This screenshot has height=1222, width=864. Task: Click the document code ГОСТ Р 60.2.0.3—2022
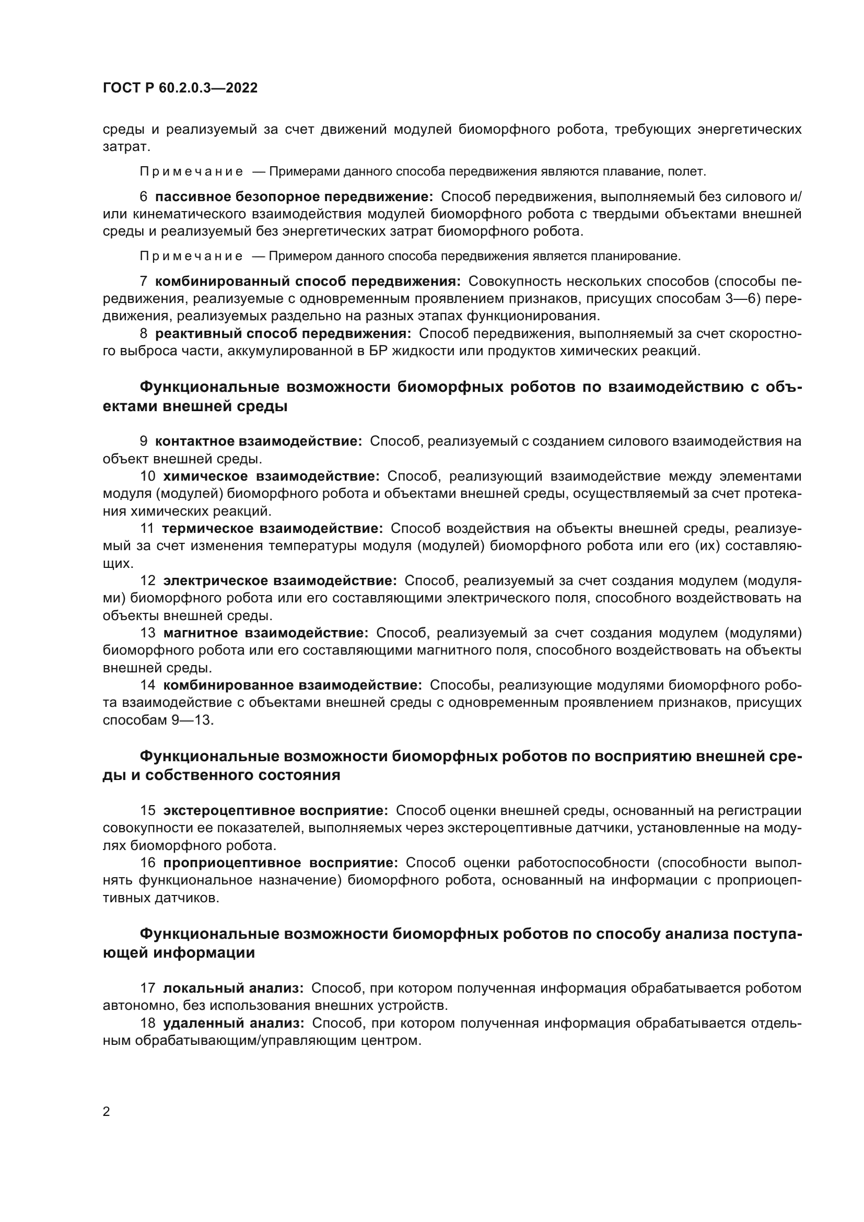tap(180, 88)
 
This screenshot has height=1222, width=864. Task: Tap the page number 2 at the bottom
tap(107, 1111)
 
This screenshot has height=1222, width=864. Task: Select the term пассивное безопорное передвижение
tap(294, 197)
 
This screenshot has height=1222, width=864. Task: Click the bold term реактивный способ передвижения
tap(283, 334)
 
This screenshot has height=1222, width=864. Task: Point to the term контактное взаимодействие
tap(259, 441)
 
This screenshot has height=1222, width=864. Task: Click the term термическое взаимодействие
tap(272, 528)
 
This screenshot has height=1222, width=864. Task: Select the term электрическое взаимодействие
tap(280, 580)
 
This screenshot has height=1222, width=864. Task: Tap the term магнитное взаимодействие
tap(265, 633)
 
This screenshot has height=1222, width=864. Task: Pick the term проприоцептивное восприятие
tap(281, 863)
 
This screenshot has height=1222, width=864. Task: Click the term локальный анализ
tap(233, 988)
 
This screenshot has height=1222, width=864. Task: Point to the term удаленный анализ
tap(233, 1023)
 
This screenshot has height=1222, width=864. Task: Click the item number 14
tap(148, 685)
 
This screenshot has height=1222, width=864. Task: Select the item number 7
tap(144, 281)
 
